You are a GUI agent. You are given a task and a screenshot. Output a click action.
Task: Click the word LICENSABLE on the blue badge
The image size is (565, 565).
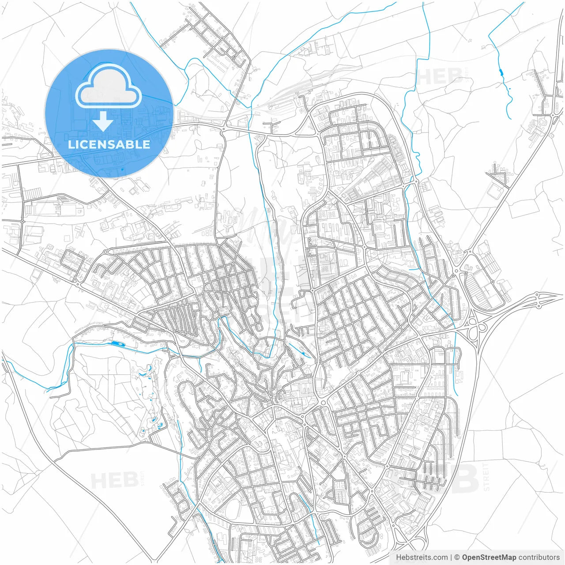109,144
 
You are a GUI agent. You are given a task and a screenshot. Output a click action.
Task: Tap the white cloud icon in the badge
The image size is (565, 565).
108,86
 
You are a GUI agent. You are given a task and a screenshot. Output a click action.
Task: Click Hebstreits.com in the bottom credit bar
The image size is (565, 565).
422,557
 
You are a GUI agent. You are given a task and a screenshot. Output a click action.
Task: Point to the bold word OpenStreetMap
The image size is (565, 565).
489,557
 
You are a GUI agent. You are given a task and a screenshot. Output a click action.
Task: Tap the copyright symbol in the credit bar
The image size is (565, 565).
457,557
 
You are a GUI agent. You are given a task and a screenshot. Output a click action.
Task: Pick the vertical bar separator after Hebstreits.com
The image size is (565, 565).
451,557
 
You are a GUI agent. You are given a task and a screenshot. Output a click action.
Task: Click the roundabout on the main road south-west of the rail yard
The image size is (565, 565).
224,128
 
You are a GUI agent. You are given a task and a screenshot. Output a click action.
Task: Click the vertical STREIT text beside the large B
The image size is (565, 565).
486,477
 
